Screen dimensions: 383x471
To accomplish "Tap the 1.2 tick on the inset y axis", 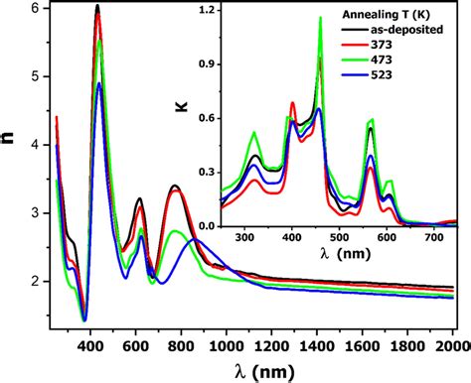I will coord(231,11).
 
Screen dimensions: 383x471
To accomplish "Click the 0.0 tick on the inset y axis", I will coord(231,226).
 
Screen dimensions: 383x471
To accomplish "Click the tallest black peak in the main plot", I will coord(97,7).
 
